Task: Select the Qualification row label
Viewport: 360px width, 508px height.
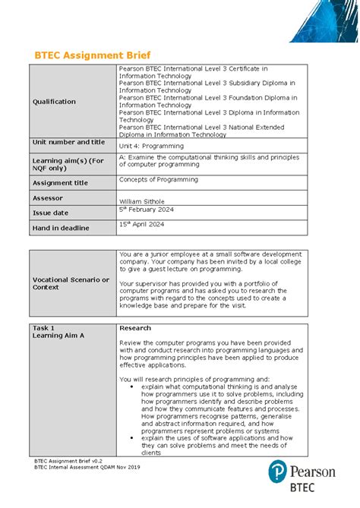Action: (x=54, y=102)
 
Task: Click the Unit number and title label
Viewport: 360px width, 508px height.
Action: (x=68, y=142)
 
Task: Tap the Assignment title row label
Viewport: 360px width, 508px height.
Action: (x=60, y=183)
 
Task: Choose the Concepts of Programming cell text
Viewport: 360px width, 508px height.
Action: (x=159, y=180)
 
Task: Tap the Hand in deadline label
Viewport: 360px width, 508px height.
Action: (x=60, y=228)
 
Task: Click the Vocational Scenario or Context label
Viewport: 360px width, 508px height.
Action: (x=71, y=283)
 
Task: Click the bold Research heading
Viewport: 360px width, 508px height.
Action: (x=135, y=328)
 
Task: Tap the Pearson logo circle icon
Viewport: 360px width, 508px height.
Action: (x=279, y=475)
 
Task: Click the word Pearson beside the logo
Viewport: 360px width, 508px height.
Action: (x=314, y=472)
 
